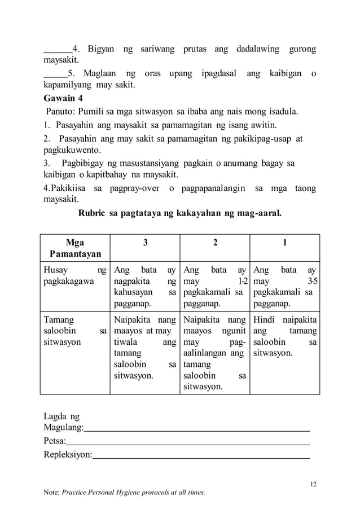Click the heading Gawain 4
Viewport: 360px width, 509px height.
click(64, 98)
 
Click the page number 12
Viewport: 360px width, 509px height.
click(314, 483)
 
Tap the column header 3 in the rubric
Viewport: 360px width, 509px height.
click(145, 243)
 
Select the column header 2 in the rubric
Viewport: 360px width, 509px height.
click(215, 243)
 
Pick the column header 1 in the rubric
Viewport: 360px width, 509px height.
click(284, 243)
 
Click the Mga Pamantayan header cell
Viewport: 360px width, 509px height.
click(74, 248)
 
